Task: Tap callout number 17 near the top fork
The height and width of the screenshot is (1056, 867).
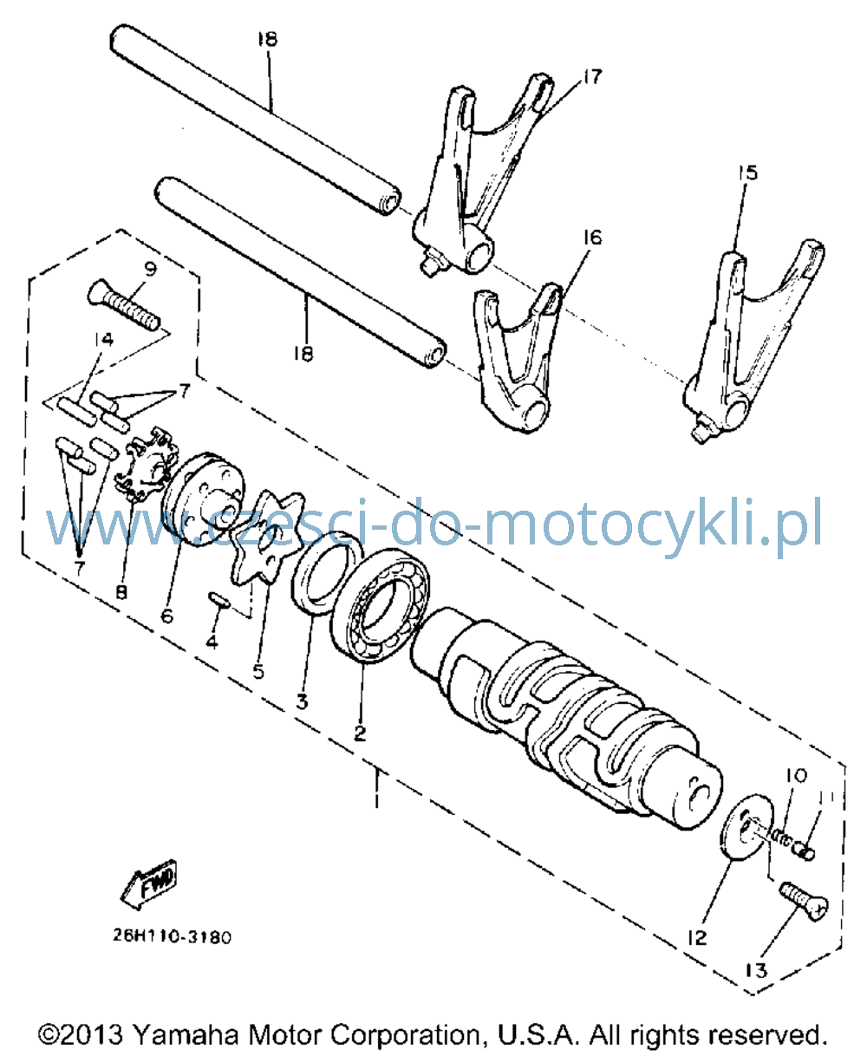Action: pyautogui.click(x=591, y=77)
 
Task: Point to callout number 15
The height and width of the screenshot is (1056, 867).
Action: pyautogui.click(x=748, y=173)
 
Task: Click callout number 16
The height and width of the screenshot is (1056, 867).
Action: pyautogui.click(x=592, y=237)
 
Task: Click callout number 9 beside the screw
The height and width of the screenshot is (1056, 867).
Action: pyautogui.click(x=150, y=269)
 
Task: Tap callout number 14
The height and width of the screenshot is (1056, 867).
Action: pyautogui.click(x=104, y=340)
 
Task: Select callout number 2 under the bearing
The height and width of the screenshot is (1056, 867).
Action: pyautogui.click(x=360, y=733)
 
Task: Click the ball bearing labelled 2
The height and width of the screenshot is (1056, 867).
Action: pyautogui.click(x=381, y=606)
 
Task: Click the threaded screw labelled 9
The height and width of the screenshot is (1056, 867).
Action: pyautogui.click(x=124, y=304)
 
